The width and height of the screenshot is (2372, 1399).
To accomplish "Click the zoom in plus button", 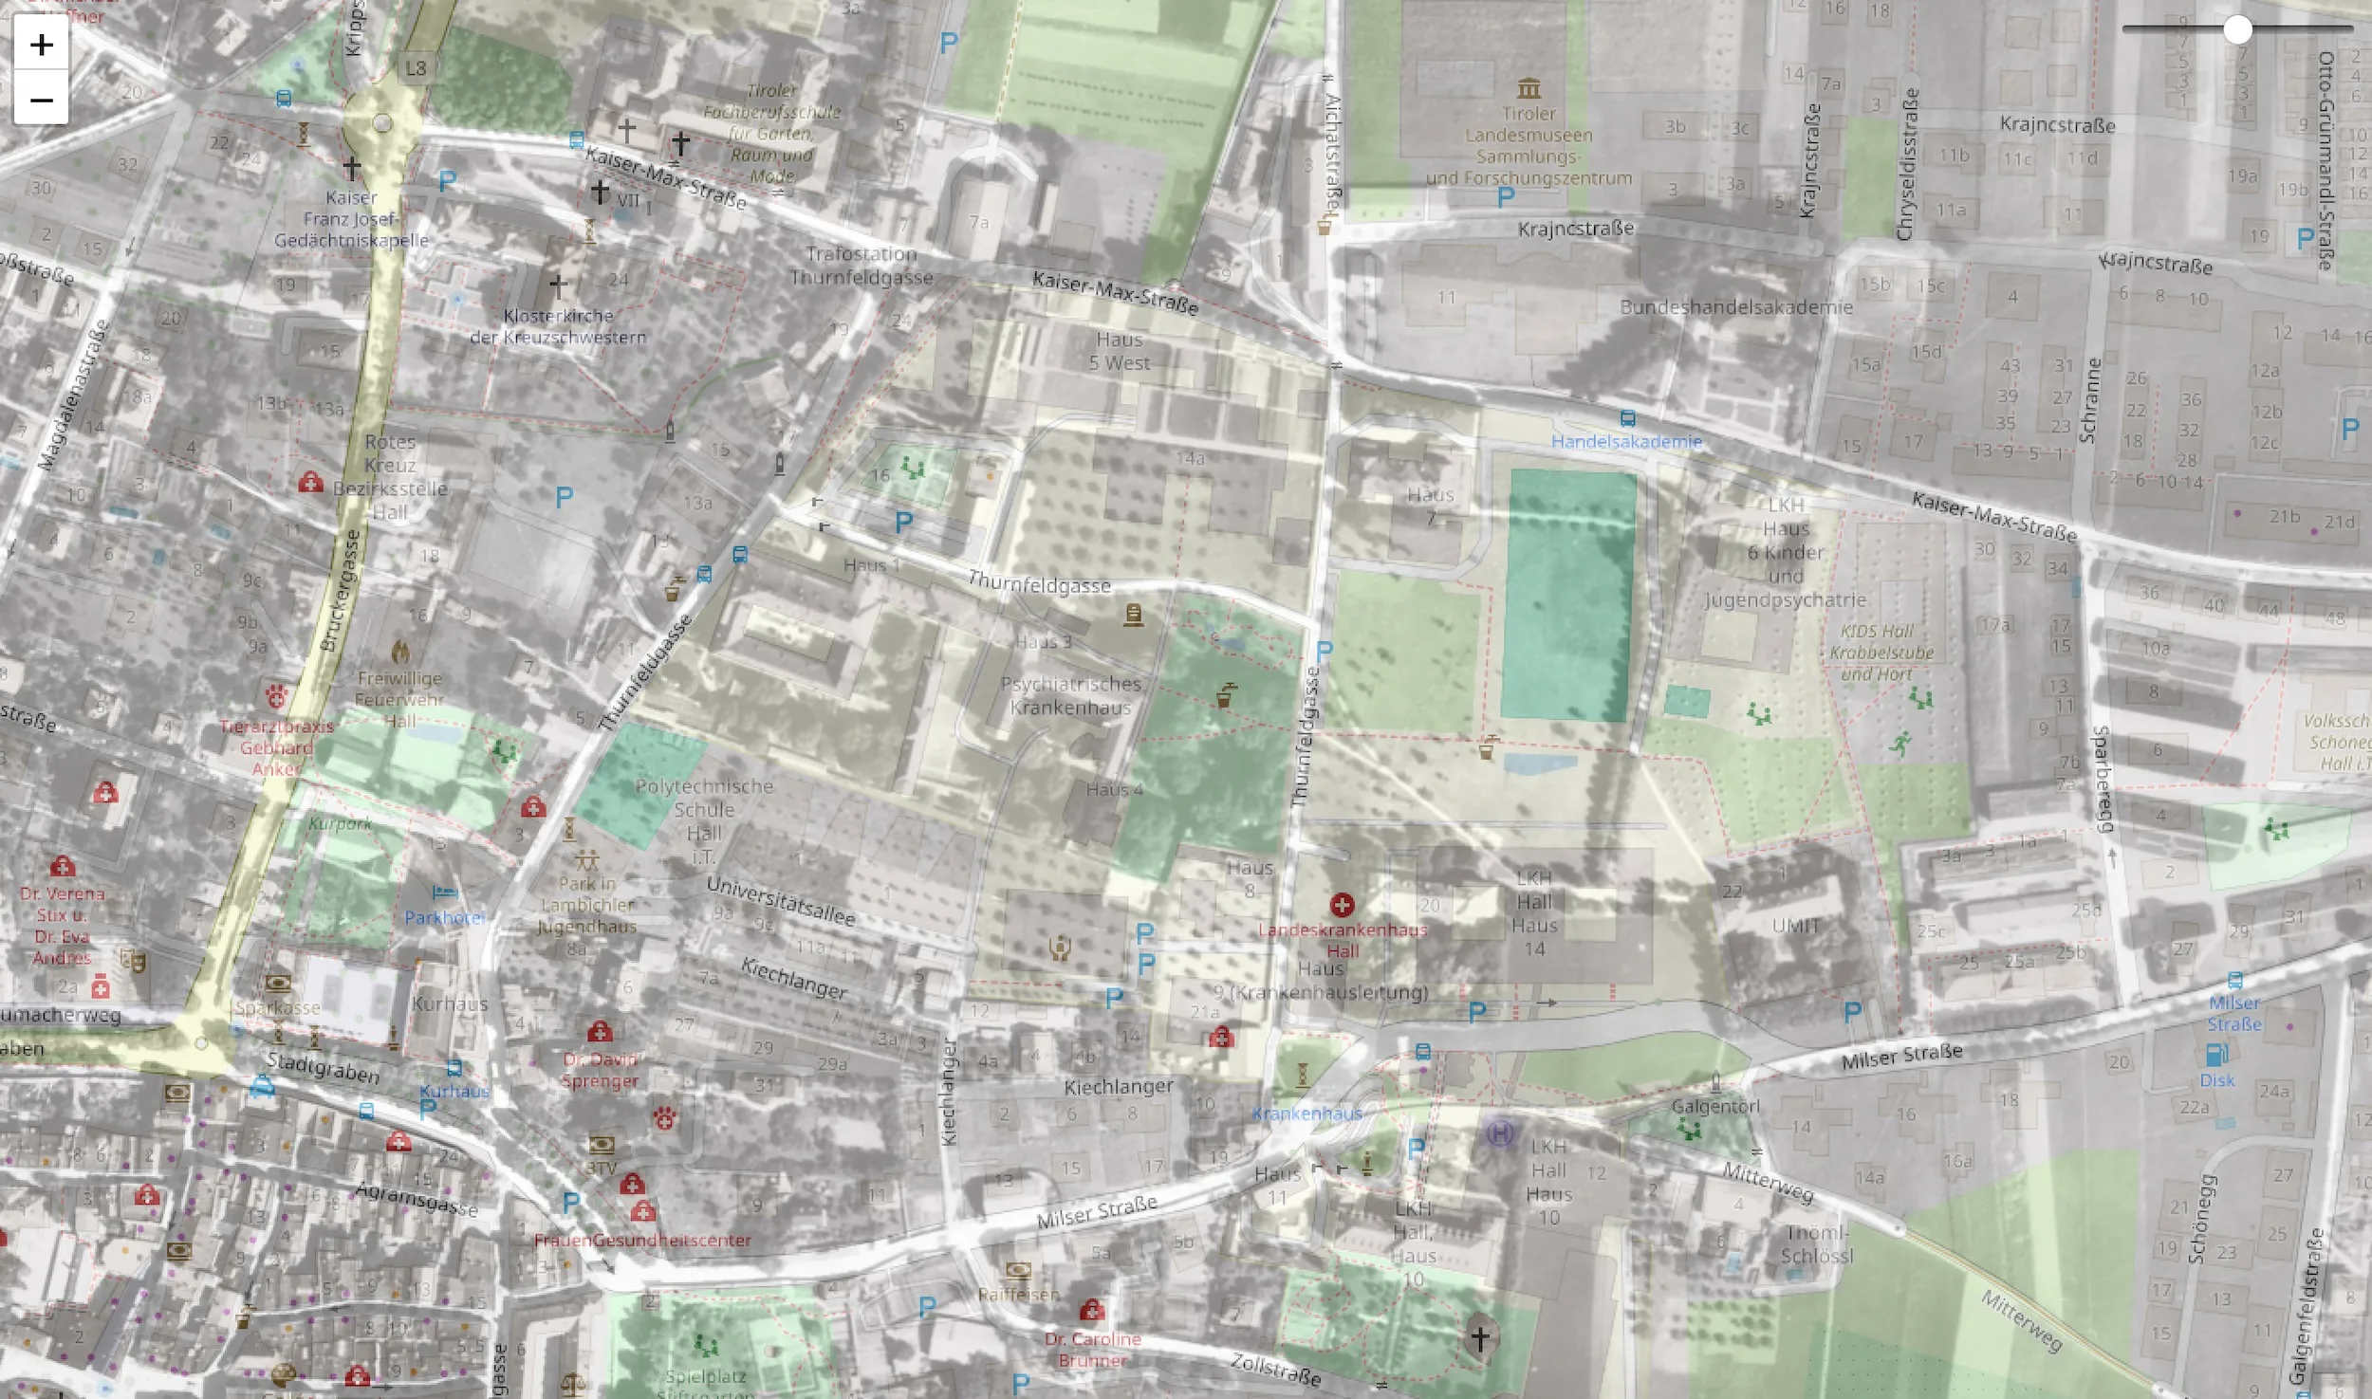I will [x=41, y=45].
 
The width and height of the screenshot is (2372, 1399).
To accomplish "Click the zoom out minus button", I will [x=41, y=100].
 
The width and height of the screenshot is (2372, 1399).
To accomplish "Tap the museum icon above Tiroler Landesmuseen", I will [x=1529, y=89].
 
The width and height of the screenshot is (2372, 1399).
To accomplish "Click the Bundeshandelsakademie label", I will [x=1736, y=307].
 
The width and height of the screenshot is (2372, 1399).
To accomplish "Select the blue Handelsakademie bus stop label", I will [x=1626, y=441].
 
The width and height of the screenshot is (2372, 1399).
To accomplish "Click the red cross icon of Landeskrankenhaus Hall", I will [x=1342, y=905].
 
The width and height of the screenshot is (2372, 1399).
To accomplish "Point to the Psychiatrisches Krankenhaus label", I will [x=1070, y=695].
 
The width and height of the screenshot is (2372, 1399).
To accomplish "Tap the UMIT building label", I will [x=1796, y=925].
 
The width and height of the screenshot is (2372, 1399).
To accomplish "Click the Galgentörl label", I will [x=1715, y=1106].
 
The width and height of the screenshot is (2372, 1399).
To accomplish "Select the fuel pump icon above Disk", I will [x=2216, y=1055].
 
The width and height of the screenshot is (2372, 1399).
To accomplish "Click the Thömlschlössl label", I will [x=1816, y=1244].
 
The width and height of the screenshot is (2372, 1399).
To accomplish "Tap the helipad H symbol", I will [x=1500, y=1132].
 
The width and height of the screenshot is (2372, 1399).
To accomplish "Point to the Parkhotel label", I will [x=444, y=917].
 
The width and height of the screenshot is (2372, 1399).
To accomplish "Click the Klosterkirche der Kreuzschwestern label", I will [x=558, y=326].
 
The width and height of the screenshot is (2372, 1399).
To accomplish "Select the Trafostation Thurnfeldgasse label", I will [x=862, y=266].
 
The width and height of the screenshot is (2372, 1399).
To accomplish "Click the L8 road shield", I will [x=416, y=68].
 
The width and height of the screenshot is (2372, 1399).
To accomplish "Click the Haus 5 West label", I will [x=1120, y=351].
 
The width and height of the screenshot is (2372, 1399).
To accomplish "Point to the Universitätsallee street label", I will [x=781, y=901].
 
